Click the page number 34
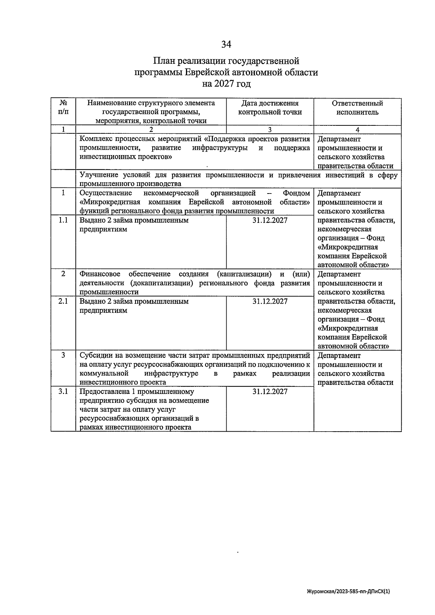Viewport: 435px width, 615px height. pyautogui.click(x=226, y=44)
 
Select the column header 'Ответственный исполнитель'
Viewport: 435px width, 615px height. pyautogui.click(x=357, y=108)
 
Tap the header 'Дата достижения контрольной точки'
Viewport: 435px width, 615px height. pyautogui.click(x=270, y=108)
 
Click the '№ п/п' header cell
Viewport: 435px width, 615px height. pyautogui.click(x=63, y=107)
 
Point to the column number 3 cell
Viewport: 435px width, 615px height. pyautogui.click(x=270, y=130)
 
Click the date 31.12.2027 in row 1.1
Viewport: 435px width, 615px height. pyautogui.click(x=270, y=220)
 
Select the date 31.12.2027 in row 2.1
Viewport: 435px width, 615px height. pyautogui.click(x=270, y=302)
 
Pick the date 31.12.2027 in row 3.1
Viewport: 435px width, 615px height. pyautogui.click(x=270, y=392)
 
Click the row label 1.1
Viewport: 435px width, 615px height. pyautogui.click(x=63, y=220)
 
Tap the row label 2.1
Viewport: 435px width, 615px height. pyautogui.click(x=63, y=301)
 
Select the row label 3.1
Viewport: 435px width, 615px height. pyautogui.click(x=63, y=391)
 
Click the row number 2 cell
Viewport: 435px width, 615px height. pyautogui.click(x=63, y=274)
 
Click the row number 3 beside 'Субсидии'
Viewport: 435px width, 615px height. pyautogui.click(x=63, y=356)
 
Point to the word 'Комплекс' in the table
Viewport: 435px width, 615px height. pyautogui.click(x=96, y=139)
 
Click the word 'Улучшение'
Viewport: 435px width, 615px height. pyautogui.click(x=98, y=175)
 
